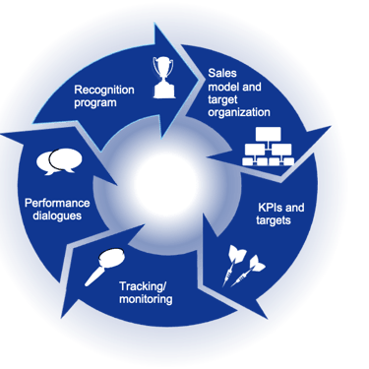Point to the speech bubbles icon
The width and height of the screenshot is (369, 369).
[x=56, y=160]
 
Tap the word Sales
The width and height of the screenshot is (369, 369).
[x=222, y=74]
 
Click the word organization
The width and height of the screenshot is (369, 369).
[x=240, y=111]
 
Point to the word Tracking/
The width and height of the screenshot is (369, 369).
[x=143, y=286]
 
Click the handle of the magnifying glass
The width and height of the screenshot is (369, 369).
[x=92, y=277]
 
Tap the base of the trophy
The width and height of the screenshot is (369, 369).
[x=165, y=93]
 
